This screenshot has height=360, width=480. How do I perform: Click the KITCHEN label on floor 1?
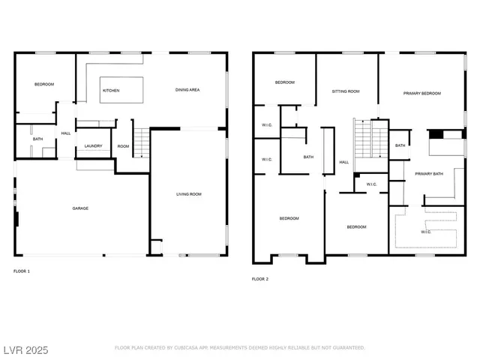tap(111, 91)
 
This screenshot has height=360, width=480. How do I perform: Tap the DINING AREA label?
tap(187, 90)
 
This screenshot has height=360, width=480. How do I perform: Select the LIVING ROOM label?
tap(188, 194)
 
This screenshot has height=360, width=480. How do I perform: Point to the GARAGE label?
tap(80, 208)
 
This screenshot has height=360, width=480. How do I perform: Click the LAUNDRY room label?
tap(94, 145)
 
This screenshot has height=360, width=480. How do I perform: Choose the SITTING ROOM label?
tap(346, 91)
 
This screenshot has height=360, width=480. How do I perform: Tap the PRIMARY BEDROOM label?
tap(421, 93)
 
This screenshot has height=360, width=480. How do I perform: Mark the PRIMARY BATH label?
tap(429, 173)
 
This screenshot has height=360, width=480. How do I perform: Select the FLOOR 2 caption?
tap(259, 279)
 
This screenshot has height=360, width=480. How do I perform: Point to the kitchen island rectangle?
tap(130, 90)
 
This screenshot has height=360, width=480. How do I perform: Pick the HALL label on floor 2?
tap(343, 162)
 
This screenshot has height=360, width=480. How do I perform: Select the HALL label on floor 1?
tap(66, 133)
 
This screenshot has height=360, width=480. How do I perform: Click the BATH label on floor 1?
tap(37, 139)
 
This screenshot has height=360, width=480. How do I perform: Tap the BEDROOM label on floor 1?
tap(44, 84)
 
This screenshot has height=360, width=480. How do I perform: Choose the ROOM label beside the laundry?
tap(123, 146)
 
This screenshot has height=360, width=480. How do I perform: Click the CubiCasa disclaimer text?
tap(239, 348)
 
